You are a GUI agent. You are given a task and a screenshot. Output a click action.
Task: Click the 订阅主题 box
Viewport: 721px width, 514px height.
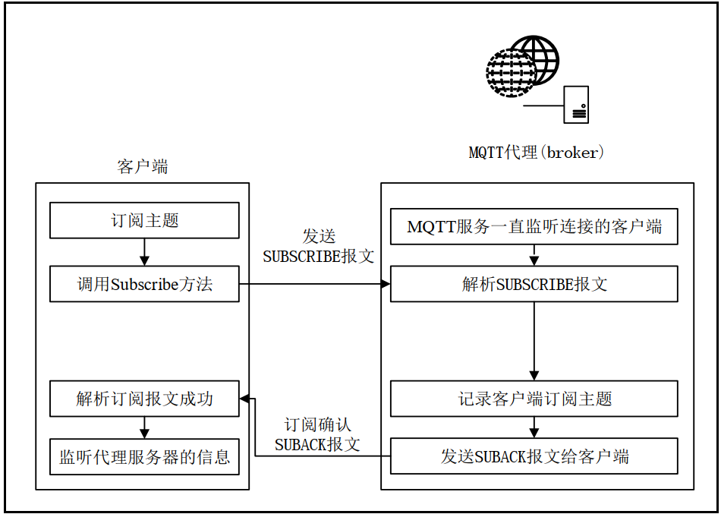(144, 221)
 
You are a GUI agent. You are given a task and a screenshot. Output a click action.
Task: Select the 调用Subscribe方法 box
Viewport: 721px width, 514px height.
(144, 285)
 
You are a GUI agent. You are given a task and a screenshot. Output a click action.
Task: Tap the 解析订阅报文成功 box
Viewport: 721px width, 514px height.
(144, 399)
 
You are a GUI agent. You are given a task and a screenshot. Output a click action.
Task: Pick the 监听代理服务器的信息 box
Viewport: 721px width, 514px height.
(144, 457)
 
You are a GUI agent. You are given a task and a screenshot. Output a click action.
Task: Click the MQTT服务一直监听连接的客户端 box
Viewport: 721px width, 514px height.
(534, 226)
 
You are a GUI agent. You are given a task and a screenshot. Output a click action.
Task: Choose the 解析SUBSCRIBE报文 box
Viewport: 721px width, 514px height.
(534, 285)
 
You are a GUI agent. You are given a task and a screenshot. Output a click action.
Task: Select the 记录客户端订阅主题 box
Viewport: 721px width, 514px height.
(534, 399)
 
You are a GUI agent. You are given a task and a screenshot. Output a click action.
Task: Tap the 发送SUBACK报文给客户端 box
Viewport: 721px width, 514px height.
(534, 456)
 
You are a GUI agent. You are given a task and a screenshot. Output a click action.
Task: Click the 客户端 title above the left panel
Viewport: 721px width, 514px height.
(143, 167)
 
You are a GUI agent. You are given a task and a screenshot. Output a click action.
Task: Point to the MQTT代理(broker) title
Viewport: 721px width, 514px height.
(536, 153)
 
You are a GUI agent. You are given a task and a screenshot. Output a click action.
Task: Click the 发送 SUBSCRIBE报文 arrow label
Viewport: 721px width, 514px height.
(319, 247)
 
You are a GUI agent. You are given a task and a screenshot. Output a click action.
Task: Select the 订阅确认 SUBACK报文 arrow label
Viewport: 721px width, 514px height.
(318, 435)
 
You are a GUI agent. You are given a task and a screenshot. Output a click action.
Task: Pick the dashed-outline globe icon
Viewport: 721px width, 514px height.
(509, 73)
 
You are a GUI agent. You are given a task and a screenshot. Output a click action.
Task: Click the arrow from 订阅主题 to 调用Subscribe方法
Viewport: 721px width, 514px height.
(144, 252)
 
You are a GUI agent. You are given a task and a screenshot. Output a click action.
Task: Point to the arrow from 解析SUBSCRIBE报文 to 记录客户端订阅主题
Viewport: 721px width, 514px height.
(534, 342)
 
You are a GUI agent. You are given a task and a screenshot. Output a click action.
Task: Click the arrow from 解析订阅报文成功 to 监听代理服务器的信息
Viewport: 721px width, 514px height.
(144, 427)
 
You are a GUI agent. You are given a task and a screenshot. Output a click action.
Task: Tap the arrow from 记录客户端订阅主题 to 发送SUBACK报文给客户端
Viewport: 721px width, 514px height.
(534, 427)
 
